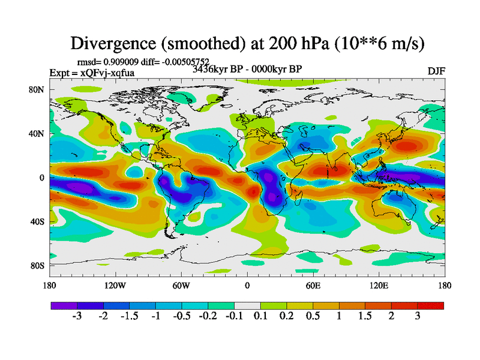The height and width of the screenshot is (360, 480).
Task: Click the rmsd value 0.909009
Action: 124,61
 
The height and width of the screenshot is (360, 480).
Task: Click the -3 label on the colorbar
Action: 77,317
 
